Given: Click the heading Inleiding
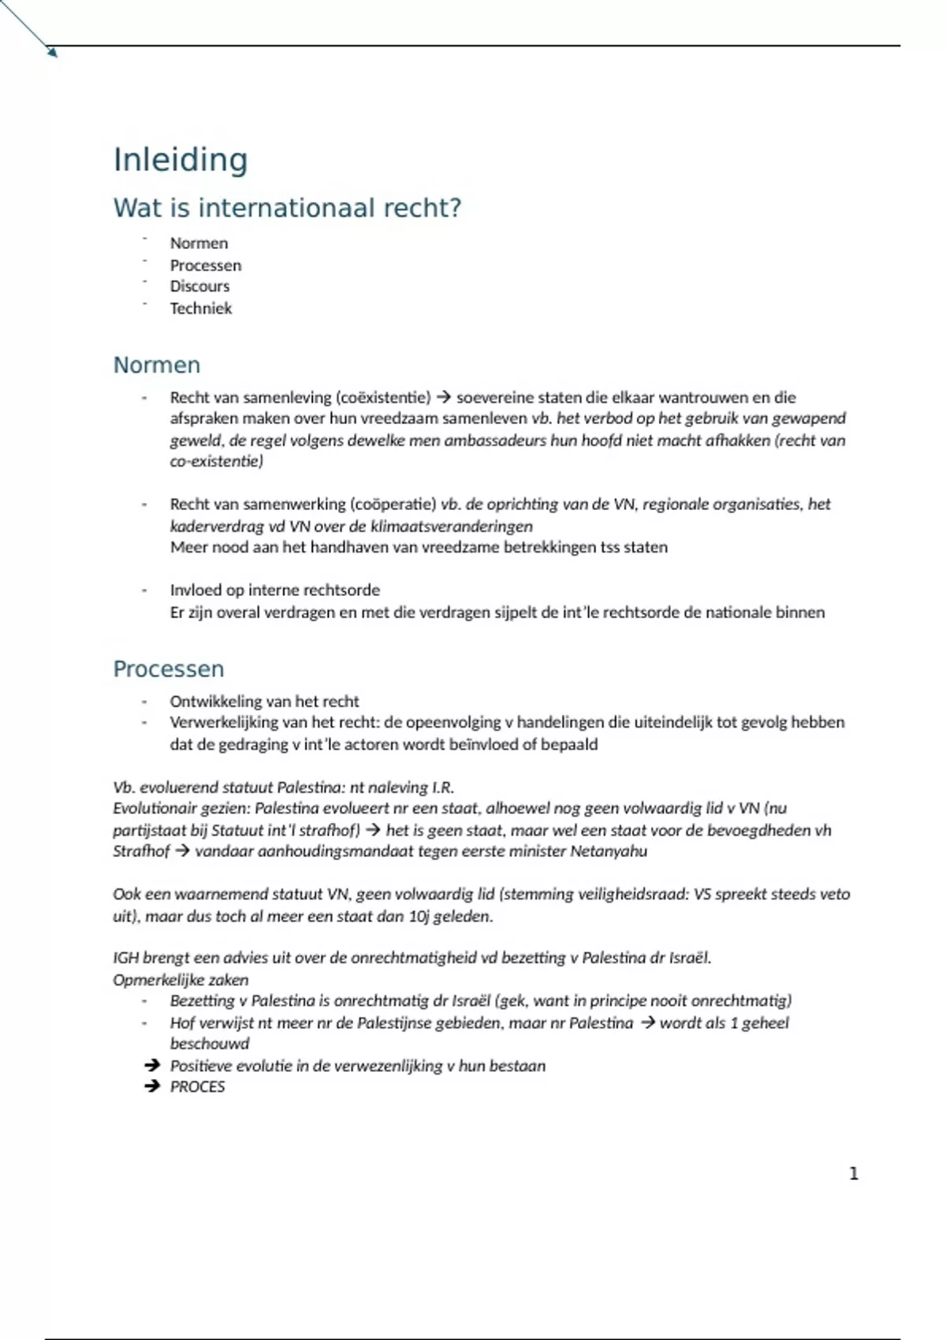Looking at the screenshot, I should (181, 160).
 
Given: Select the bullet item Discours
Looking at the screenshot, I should (199, 286).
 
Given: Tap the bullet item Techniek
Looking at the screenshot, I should (201, 308).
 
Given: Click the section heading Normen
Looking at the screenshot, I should (157, 365).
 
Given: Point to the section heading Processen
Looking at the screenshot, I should (169, 669).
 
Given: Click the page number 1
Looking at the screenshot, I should (853, 1174).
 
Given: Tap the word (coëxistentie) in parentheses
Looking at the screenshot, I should (384, 397).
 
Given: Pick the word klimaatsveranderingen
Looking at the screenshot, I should (452, 526).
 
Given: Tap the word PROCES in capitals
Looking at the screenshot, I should (197, 1087).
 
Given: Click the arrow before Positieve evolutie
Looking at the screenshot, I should (152, 1066).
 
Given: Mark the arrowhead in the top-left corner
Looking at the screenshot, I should (52, 52).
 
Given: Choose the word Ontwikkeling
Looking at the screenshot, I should (217, 702).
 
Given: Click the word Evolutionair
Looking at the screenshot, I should (154, 808).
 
